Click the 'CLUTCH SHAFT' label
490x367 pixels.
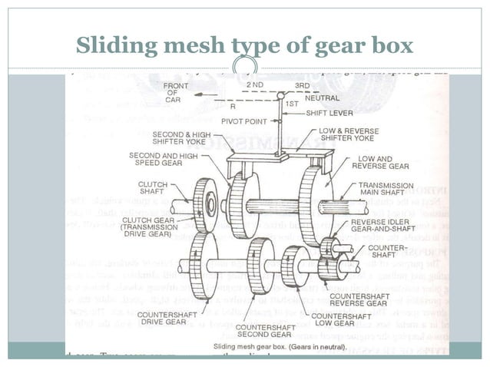(153, 188)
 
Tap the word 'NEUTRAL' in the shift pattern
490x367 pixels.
(322, 98)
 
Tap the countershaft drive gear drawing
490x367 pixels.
(204, 263)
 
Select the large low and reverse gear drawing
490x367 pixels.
(316, 203)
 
